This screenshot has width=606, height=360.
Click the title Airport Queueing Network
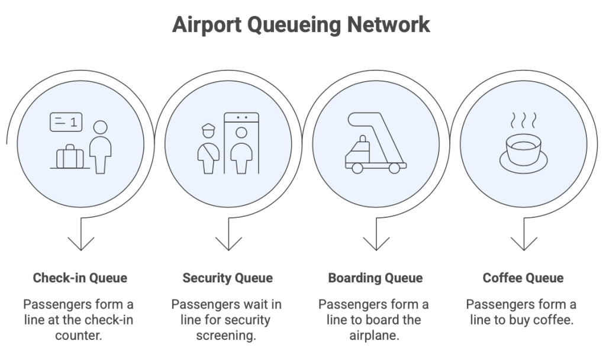(301, 25)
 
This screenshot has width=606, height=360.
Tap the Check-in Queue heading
(80, 278)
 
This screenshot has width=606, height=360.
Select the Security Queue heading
(227, 278)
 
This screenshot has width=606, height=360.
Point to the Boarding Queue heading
(375, 278)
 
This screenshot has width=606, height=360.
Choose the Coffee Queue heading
(523, 278)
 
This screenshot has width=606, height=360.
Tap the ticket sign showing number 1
(66, 122)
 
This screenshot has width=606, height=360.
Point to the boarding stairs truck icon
(375, 144)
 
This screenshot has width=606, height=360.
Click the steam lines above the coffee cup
(523, 120)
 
